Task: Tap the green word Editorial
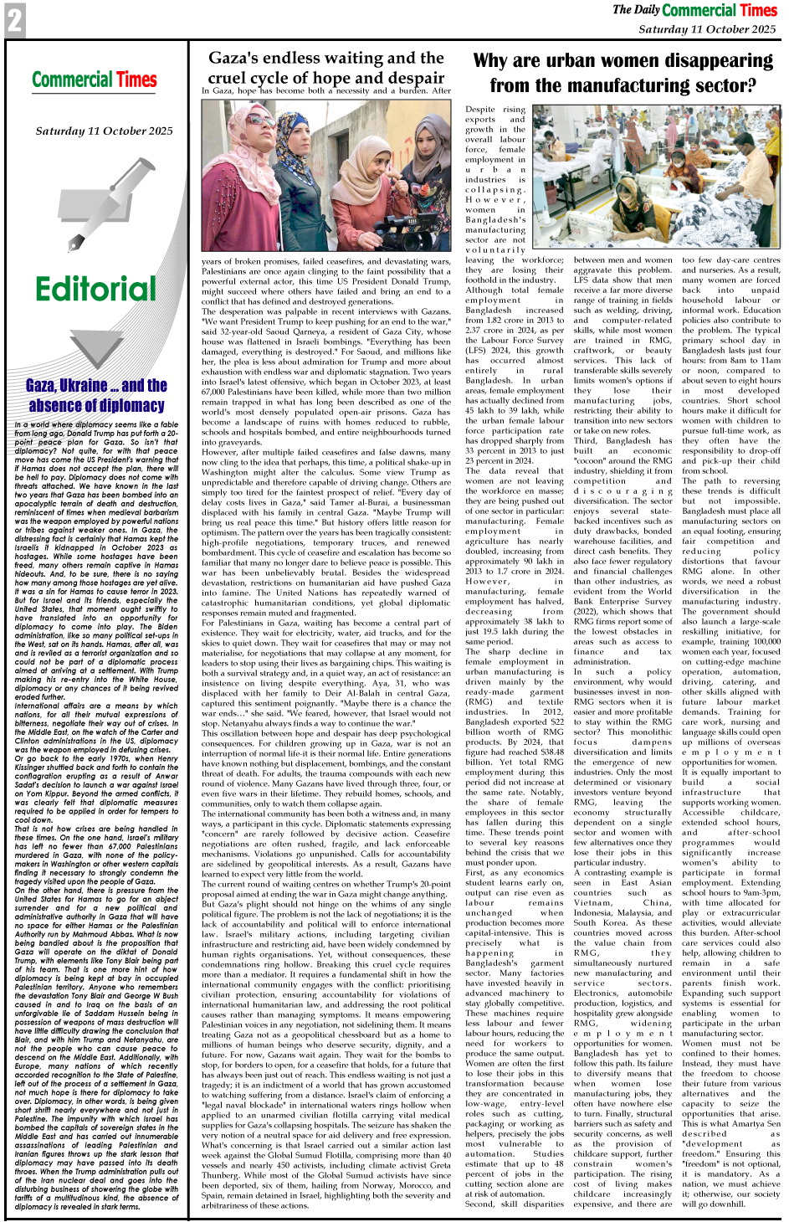click(x=95, y=289)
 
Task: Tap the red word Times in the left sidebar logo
click(x=136, y=80)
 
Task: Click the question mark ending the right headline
click(x=750, y=85)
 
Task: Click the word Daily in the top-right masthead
click(x=647, y=10)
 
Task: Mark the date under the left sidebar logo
click(x=104, y=131)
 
